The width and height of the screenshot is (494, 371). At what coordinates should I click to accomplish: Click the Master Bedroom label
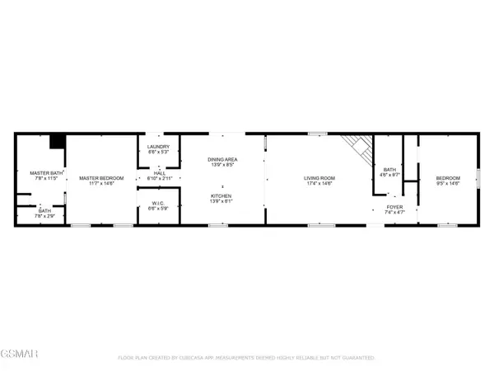pyautogui.click(x=101, y=177)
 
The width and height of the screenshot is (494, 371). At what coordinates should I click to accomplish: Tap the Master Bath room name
pyautogui.click(x=41, y=172)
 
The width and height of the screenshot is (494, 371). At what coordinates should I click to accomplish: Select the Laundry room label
pyautogui.click(x=158, y=147)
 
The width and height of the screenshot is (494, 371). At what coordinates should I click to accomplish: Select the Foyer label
pyautogui.click(x=395, y=207)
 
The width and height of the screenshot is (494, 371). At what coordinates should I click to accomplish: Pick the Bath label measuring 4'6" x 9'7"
pyautogui.click(x=388, y=169)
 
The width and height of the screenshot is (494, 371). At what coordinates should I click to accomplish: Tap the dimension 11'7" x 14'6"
pyautogui.click(x=101, y=182)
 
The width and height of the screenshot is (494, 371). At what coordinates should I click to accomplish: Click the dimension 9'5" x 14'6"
pyautogui.click(x=448, y=182)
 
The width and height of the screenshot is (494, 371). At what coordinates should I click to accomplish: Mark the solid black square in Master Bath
pyautogui.click(x=57, y=142)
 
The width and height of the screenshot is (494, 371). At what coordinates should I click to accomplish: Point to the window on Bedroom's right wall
pyautogui.click(x=478, y=178)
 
